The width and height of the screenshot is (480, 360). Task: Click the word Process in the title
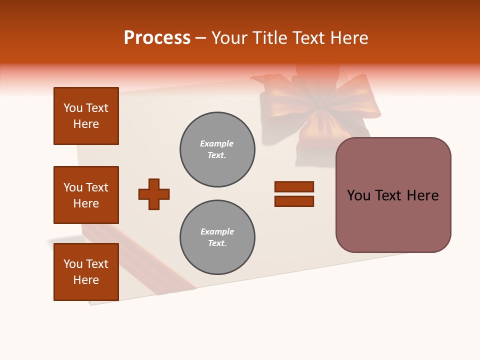(x=157, y=38)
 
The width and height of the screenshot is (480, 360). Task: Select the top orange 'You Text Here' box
(x=86, y=116)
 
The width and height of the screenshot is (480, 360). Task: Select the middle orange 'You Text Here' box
(x=86, y=195)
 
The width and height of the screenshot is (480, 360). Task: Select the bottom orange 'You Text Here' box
(x=86, y=272)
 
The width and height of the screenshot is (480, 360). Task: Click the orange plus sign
(x=154, y=194)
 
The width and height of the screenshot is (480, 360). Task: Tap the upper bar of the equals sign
(x=294, y=187)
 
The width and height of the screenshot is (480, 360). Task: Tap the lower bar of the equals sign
(x=294, y=201)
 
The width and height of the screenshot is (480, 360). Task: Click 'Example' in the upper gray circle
(x=216, y=143)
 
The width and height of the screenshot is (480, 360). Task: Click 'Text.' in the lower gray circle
(x=217, y=243)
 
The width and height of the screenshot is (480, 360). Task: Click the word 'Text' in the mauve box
(x=390, y=195)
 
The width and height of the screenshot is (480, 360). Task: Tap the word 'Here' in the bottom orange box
(x=86, y=280)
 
